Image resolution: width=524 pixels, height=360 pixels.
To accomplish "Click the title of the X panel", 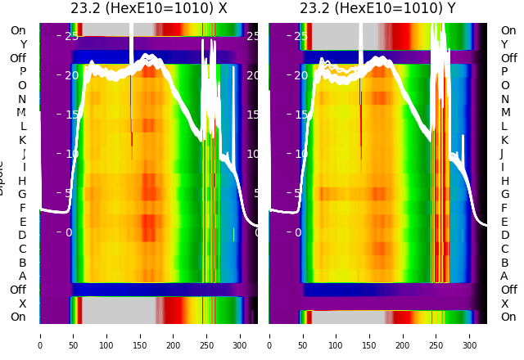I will [148, 9].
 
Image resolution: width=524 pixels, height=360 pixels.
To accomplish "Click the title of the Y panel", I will [377, 9].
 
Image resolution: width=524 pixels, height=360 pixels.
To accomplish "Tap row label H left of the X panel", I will [22, 181].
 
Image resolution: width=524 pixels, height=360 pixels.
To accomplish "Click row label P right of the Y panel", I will [504, 72].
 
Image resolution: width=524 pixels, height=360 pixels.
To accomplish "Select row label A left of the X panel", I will [22, 276].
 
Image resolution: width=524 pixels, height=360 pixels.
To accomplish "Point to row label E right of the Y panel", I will [504, 222].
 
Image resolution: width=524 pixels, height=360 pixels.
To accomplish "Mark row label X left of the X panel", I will [22, 304].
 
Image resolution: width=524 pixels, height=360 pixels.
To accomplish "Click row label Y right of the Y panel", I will [504, 45].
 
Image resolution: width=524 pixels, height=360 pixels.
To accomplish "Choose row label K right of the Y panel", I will [504, 140].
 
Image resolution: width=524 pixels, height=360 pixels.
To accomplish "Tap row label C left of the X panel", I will [22, 249].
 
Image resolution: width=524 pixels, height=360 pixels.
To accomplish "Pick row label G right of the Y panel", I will [504, 195].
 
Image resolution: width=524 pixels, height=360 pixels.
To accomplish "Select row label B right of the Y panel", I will [504, 263].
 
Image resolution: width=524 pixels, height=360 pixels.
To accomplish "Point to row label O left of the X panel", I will [22, 85].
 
